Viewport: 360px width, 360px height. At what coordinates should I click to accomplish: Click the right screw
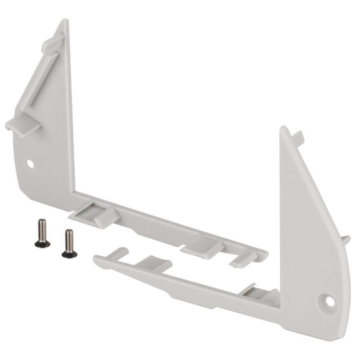(69, 243)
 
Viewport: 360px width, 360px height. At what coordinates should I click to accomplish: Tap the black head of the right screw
(69, 253)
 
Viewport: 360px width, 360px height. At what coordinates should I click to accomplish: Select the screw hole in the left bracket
(30, 163)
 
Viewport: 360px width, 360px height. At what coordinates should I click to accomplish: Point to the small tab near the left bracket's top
(52, 42)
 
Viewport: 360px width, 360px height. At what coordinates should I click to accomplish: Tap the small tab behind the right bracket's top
(298, 135)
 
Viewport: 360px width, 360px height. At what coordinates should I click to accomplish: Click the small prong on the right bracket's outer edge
(344, 240)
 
